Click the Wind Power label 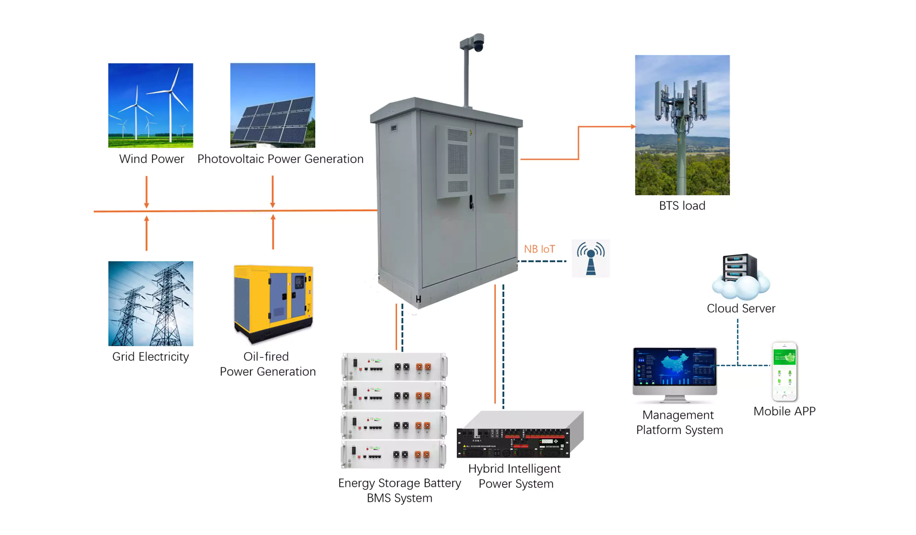(151, 159)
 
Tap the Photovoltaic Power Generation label (280, 159)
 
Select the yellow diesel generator (273, 303)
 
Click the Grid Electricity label (151, 356)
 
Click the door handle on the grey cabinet (471, 202)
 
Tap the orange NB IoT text (539, 249)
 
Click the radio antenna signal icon (590, 259)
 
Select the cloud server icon (740, 276)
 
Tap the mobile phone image (784, 371)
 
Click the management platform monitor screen (674, 367)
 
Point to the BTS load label (682, 206)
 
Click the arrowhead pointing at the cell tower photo (633, 126)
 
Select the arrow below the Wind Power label (146, 192)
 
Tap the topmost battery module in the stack (394, 367)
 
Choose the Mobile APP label (784, 411)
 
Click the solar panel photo (273, 105)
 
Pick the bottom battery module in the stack (393, 454)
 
